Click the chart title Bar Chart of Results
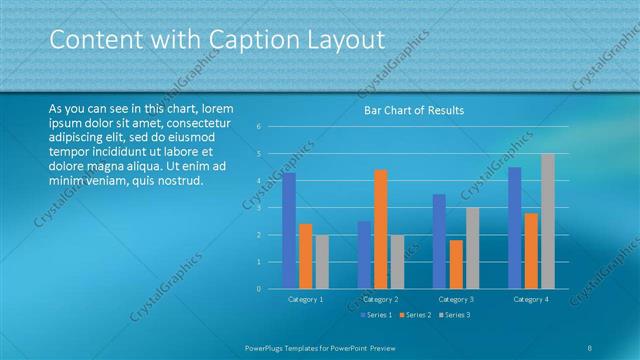pyautogui.click(x=413, y=110)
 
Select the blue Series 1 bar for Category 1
pyautogui.click(x=289, y=231)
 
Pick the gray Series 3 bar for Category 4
pyautogui.click(x=547, y=221)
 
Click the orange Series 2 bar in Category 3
pyautogui.click(x=456, y=264)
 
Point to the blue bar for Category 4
pyautogui.click(x=515, y=228)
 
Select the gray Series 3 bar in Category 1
pyautogui.click(x=321, y=262)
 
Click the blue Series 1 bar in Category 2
pyautogui.click(x=364, y=255)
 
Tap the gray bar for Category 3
pyautogui.click(x=472, y=248)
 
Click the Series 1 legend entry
pyautogui.click(x=377, y=315)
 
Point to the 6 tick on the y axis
pyautogui.click(x=258, y=127)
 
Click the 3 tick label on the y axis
pyautogui.click(x=258, y=208)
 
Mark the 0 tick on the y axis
pyautogui.click(x=258, y=289)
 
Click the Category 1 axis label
pyautogui.click(x=305, y=299)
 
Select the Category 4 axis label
pyautogui.click(x=531, y=299)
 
